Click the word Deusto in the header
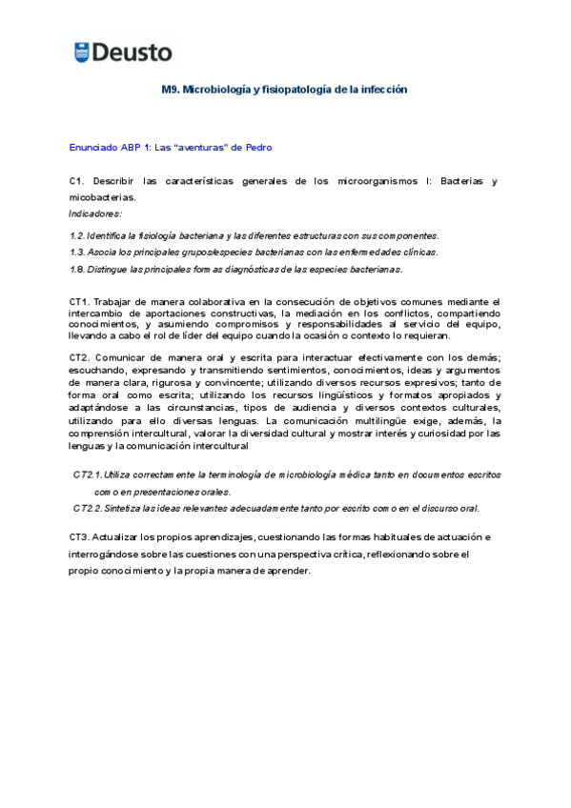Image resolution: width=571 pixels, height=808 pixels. pyautogui.click(x=131, y=52)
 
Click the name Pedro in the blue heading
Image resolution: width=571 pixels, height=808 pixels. pyautogui.click(x=259, y=148)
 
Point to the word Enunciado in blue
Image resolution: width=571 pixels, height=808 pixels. pyautogui.click(x=92, y=148)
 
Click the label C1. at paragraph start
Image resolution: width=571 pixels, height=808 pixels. pyautogui.click(x=78, y=181)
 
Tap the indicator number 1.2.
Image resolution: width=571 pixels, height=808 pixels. pyautogui.click(x=77, y=235)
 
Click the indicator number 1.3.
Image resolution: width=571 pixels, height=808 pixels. pyautogui.click(x=77, y=252)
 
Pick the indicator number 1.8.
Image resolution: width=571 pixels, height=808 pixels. pyautogui.click(x=77, y=270)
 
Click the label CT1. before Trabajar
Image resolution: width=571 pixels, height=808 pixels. pyautogui.click(x=81, y=302)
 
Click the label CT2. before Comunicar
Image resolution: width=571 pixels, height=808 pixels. pyautogui.click(x=81, y=358)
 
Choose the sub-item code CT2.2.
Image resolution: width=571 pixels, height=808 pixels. pyautogui.click(x=87, y=508)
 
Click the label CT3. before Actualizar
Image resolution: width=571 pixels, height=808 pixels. pyautogui.click(x=81, y=537)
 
